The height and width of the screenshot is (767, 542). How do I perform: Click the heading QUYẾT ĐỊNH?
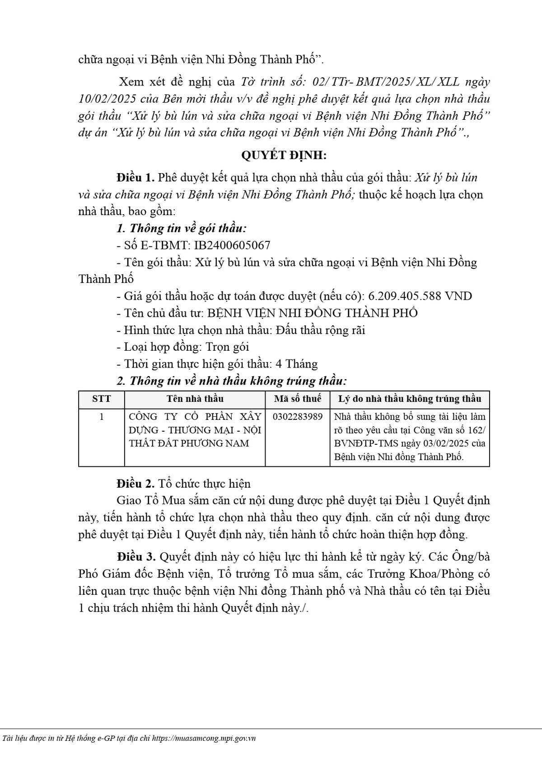(284, 155)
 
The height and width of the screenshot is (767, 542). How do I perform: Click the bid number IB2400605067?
(232, 245)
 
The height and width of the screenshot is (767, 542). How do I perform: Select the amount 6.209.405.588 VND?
(420, 296)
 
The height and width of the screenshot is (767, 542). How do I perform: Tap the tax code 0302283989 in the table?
(298, 417)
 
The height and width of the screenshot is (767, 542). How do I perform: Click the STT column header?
(101, 399)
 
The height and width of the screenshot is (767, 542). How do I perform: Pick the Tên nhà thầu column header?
(195, 399)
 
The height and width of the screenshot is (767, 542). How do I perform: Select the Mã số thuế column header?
(298, 399)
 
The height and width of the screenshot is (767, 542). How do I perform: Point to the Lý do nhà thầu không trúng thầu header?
(410, 399)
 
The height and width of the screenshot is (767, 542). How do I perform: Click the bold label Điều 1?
(135, 178)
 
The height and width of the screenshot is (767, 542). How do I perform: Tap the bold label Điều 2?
(135, 484)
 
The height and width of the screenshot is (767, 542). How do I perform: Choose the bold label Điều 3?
(135, 556)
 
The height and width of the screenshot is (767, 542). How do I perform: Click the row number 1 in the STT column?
(101, 417)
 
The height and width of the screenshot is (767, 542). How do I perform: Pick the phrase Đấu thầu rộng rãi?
(319, 330)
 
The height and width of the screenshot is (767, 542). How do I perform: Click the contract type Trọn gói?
(227, 347)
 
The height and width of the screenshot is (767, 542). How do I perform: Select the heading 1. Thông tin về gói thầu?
(182, 229)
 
